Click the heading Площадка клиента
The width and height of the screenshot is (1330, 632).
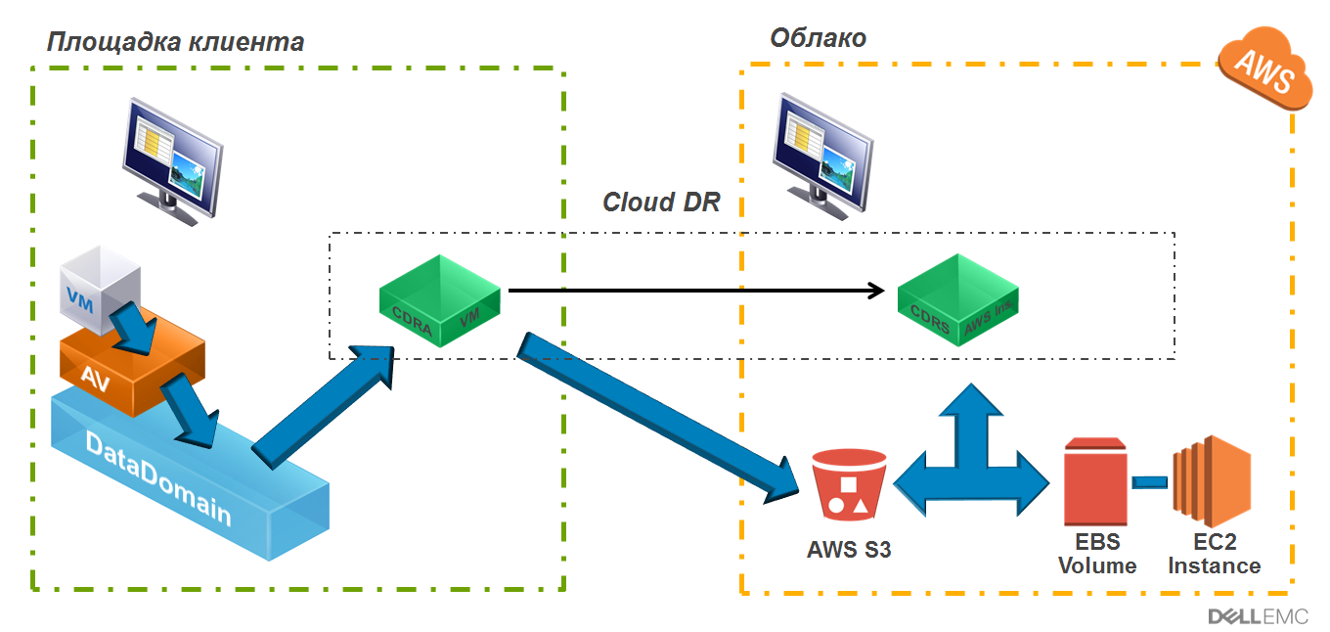(175, 42)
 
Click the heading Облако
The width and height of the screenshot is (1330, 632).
(818, 38)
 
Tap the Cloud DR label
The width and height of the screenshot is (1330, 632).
(661, 203)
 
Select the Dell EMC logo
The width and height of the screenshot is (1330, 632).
(1257, 616)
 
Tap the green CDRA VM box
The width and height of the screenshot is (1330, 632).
(441, 302)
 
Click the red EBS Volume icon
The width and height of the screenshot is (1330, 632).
(1095, 485)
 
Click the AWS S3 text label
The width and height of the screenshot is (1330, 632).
(849, 550)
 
